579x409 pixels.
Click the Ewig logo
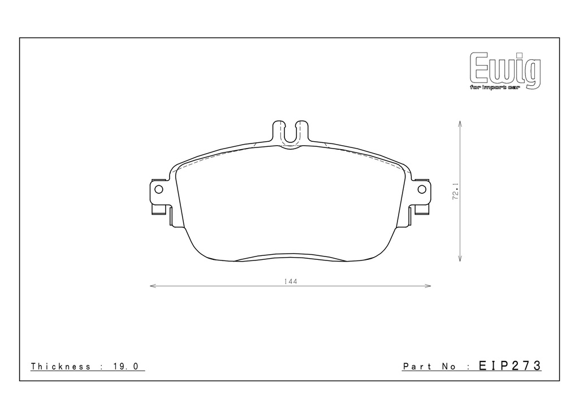click(505, 70)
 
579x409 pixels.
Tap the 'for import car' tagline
click(495, 88)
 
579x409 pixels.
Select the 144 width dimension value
click(291, 281)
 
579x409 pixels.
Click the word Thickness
click(61, 366)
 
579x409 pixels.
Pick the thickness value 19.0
click(124, 366)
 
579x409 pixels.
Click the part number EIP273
click(509, 366)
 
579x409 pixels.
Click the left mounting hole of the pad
click(158, 190)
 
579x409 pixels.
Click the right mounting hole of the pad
click(422, 189)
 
